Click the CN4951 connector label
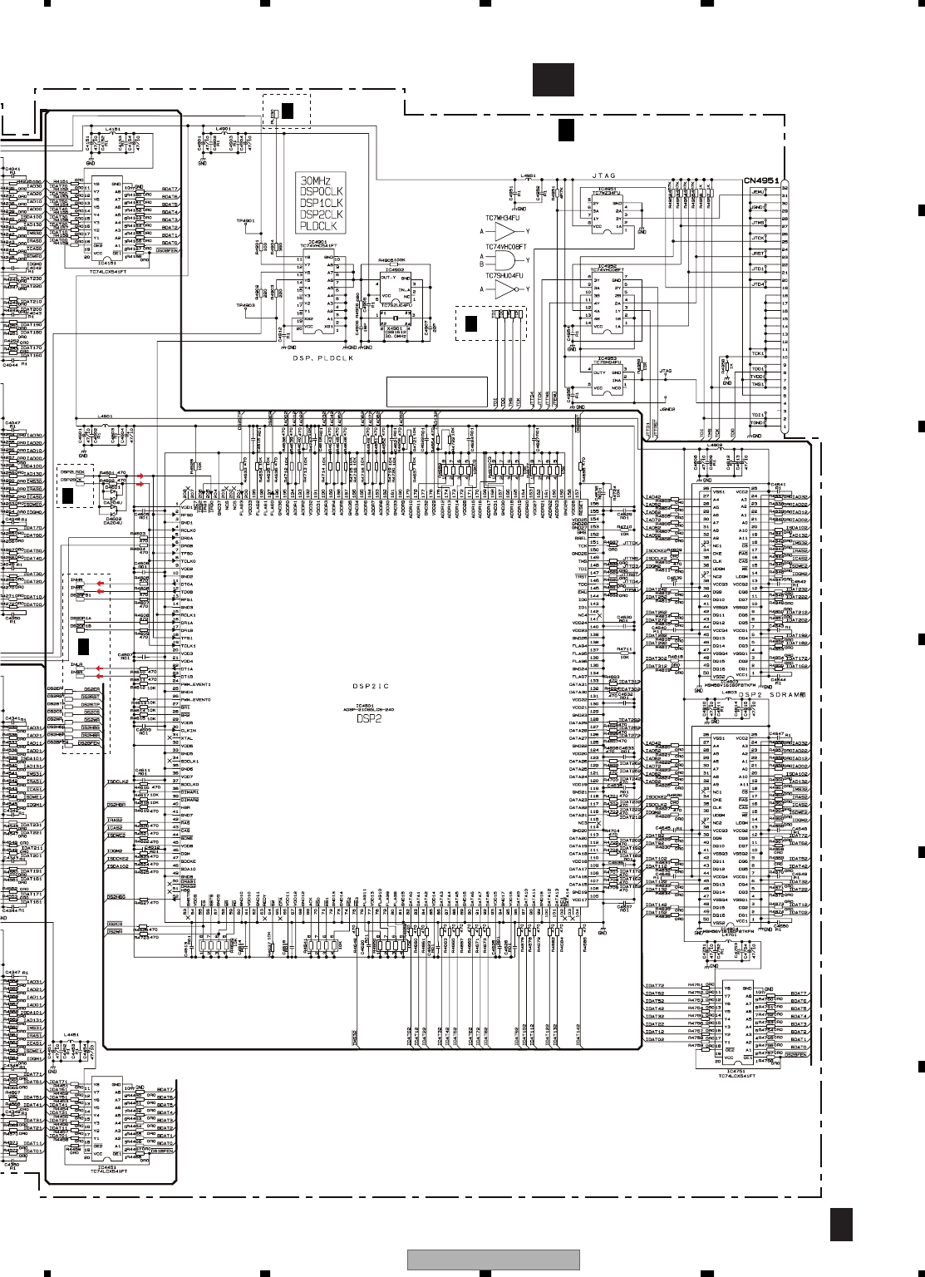coord(760,180)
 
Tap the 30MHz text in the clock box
coord(316,180)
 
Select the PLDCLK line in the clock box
coord(318,226)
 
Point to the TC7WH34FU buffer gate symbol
coord(505,232)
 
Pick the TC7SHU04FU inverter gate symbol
coord(506,289)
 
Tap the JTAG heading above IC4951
coord(603,175)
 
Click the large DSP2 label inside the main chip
coord(368,718)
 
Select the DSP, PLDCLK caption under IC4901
coord(322,357)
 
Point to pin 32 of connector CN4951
coord(785,189)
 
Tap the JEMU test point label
coord(757,192)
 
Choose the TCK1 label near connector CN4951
coord(757,353)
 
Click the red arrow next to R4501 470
coord(140,476)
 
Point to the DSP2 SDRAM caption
coord(772,694)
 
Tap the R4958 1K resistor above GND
coord(725,367)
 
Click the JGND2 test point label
coord(667,409)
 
